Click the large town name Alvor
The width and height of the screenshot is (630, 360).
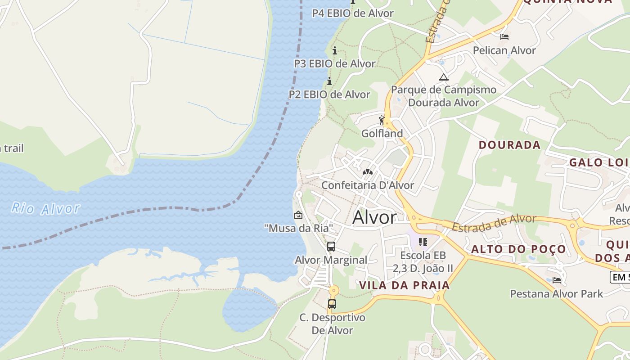375,218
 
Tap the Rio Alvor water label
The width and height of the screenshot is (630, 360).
45,208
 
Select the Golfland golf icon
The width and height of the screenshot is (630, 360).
382,120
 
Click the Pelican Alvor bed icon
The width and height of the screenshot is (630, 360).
504,36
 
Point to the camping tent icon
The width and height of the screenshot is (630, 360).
444,77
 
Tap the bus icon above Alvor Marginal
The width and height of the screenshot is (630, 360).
331,247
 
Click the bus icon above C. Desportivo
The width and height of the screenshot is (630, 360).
332,304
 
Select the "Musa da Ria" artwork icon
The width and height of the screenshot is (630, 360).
298,216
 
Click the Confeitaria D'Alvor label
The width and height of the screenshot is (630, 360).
368,185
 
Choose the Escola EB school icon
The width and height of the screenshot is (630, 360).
423,242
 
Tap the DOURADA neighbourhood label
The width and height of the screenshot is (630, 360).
509,145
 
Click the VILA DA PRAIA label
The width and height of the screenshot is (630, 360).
405,285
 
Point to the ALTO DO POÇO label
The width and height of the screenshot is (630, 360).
518,249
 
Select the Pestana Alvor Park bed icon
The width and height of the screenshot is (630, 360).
557,280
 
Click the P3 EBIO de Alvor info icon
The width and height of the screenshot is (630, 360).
334,50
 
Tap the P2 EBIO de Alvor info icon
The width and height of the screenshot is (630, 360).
329,81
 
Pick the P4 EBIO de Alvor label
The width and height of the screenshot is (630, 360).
353,13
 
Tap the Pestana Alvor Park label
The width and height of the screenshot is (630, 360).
556,294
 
